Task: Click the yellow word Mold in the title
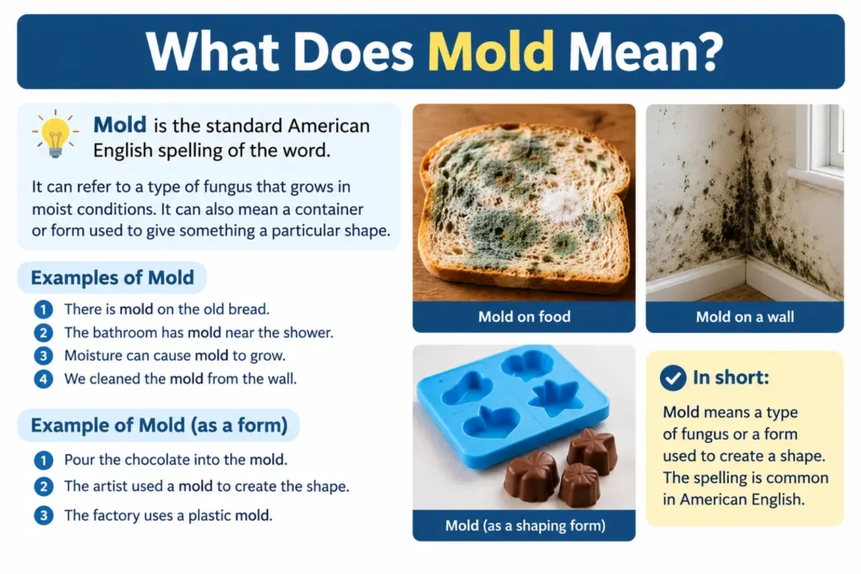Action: click(x=490, y=51)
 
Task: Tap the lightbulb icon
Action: click(x=55, y=134)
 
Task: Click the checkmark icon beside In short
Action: click(x=673, y=377)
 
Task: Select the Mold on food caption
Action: click(x=524, y=317)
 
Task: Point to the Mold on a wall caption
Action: click(x=745, y=317)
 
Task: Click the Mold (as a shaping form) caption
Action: click(x=525, y=526)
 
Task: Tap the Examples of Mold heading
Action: click(x=112, y=277)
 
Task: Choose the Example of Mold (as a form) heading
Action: click(x=159, y=425)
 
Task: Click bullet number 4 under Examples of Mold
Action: click(x=44, y=379)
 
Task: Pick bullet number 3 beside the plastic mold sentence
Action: click(x=44, y=516)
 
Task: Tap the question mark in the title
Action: click(x=710, y=51)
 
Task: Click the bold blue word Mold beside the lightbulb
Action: click(x=119, y=125)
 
